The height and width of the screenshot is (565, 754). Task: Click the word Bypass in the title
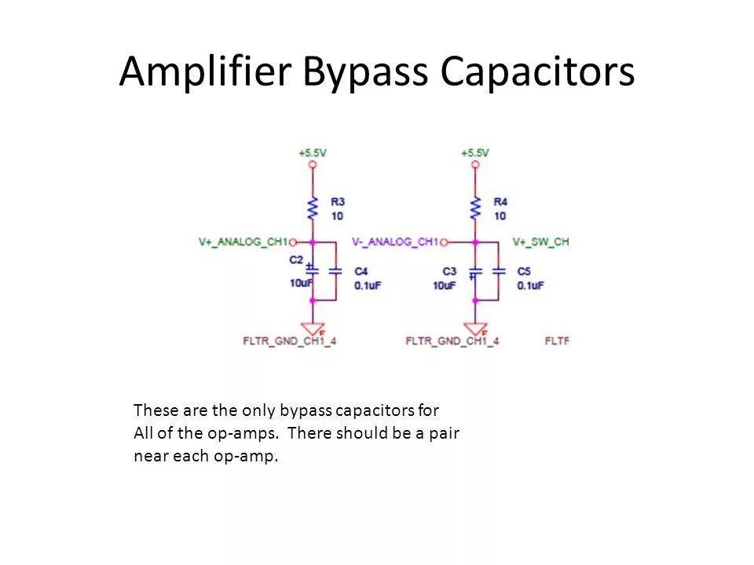365,73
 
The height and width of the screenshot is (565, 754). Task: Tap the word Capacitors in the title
536,73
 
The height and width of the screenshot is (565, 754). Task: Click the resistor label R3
338,202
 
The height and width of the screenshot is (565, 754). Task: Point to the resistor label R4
500,202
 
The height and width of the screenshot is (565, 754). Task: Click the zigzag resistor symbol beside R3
313,208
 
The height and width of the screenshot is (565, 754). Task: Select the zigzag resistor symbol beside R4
475,208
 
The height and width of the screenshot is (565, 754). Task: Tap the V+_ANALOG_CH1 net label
243,242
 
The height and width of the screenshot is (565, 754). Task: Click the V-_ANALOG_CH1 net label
395,242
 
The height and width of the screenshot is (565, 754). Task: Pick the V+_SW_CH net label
540,242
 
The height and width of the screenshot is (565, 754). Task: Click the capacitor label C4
361,272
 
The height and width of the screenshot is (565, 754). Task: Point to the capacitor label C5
524,272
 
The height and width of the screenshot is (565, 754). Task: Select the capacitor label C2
296,259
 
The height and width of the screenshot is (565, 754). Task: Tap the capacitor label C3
449,272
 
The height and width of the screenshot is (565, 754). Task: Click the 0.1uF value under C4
368,286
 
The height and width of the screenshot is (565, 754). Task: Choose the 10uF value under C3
444,286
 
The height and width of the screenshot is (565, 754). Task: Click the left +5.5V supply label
313,153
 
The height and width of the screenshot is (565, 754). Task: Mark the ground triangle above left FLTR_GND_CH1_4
313,329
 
